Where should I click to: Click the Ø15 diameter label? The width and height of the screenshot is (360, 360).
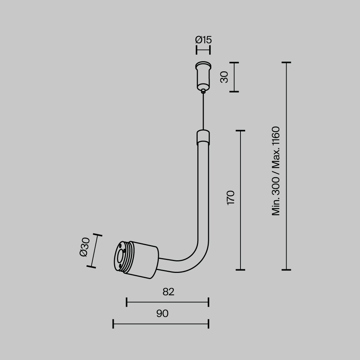(203, 40)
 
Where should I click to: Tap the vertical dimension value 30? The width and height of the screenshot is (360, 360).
(224, 77)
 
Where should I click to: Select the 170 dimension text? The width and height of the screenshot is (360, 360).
(231, 198)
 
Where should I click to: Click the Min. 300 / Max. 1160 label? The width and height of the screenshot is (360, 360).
(276, 171)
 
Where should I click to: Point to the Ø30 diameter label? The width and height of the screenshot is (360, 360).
(84, 247)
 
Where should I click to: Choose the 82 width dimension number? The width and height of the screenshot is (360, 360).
(168, 292)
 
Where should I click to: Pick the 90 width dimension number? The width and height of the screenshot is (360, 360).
(162, 314)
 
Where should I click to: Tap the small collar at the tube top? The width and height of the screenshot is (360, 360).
(203, 137)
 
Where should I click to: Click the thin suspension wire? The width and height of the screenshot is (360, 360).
(203, 112)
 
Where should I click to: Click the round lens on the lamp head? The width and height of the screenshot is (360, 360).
(119, 257)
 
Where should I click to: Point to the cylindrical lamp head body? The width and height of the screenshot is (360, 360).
(144, 260)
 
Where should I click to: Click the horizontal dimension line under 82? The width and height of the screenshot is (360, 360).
(167, 302)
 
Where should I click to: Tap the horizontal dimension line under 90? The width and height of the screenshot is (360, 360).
(161, 324)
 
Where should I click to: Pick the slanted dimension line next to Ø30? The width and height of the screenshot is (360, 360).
(94, 251)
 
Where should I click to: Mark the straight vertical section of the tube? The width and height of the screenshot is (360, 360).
(203, 191)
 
